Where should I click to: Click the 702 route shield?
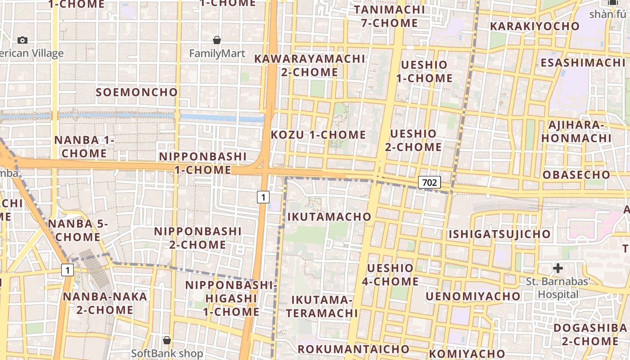pyautogui.click(x=429, y=182)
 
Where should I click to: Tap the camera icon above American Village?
pyautogui.click(x=22, y=40)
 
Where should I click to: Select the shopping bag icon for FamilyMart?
pyautogui.click(x=217, y=40)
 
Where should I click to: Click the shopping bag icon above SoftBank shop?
pyautogui.click(x=167, y=340)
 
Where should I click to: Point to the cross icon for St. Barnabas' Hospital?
pyautogui.click(x=558, y=269)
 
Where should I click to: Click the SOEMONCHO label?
pyautogui.click(x=137, y=92)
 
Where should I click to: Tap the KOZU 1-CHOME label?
pyautogui.click(x=319, y=135)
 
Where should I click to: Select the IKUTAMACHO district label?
pyautogui.click(x=330, y=217)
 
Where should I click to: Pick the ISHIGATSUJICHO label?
pyautogui.click(x=499, y=234)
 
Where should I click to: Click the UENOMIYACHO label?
pyautogui.click(x=473, y=296)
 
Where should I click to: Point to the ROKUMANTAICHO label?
pyautogui.click(x=354, y=349)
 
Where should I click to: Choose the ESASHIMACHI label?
pyautogui.click(x=583, y=63)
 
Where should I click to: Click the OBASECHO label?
pyautogui.click(x=576, y=175)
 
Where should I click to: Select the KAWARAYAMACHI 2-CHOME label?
pyautogui.click(x=310, y=65)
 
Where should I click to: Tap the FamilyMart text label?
pyautogui.click(x=217, y=54)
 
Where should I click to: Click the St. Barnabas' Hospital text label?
pyautogui.click(x=558, y=288)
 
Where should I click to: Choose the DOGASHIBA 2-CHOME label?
pyautogui.click(x=589, y=334)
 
